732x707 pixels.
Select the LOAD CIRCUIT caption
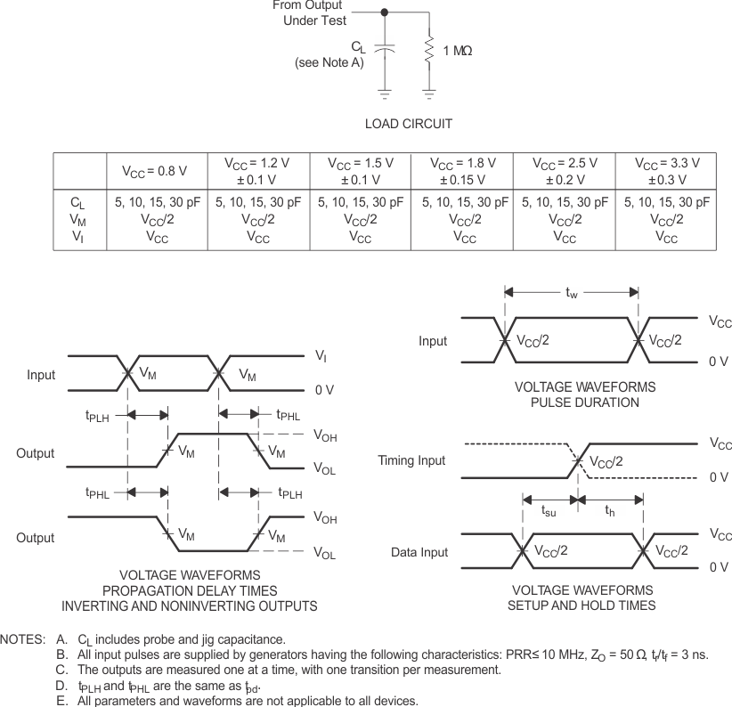pyautogui.click(x=408, y=123)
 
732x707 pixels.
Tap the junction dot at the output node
pyautogui.click(x=384, y=12)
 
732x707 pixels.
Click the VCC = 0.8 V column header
pyautogui.click(x=155, y=170)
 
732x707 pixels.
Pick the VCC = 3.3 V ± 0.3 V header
pyautogui.click(x=666, y=170)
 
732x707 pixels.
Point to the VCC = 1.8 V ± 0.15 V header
pyautogui.click(x=462, y=170)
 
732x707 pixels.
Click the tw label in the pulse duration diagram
pyautogui.click(x=572, y=291)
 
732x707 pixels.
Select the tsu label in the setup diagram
pyautogui.click(x=549, y=511)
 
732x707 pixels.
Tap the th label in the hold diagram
pyautogui.click(x=611, y=511)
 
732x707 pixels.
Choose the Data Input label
pyautogui.click(x=419, y=552)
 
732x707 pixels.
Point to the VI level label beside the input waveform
pyautogui.click(x=321, y=355)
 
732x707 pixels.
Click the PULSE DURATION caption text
pyautogui.click(x=585, y=402)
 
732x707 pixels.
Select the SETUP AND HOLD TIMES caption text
pyautogui.click(x=582, y=605)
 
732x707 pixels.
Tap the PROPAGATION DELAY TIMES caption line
pyautogui.click(x=189, y=591)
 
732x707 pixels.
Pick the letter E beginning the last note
pyautogui.click(x=61, y=701)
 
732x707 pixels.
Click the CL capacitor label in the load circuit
pyautogui.click(x=357, y=48)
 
